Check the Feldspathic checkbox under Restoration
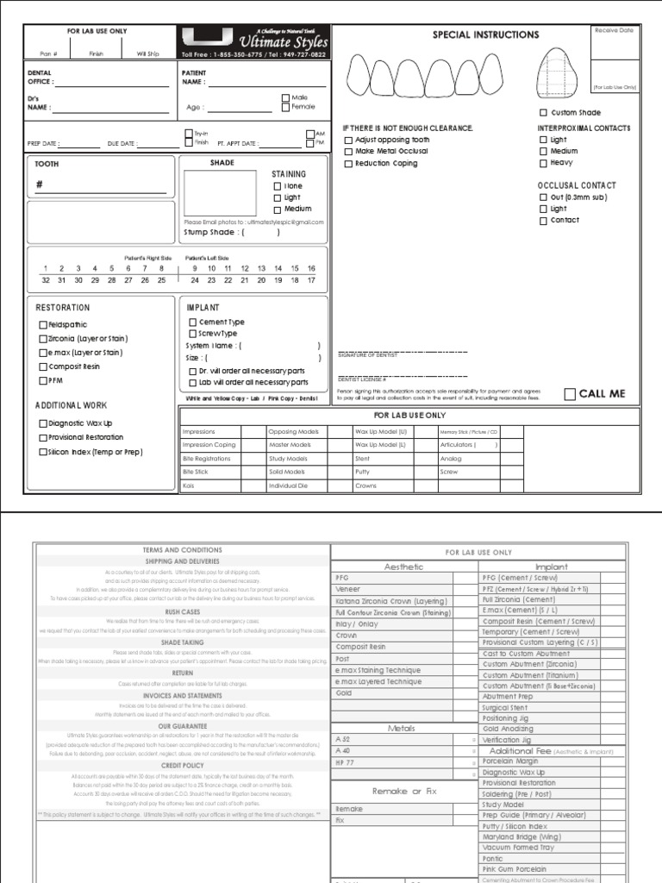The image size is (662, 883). pos(43,325)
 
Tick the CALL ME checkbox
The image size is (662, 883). pos(570,394)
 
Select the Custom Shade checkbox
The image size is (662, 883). pos(543,113)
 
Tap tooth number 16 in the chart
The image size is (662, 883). pos(311,268)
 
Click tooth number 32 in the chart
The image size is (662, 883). pos(46,280)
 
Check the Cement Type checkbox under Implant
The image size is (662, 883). pos(193,323)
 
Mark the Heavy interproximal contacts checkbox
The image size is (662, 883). pos(543,162)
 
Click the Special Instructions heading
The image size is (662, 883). pos(485,35)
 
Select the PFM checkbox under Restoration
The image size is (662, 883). pos(43,380)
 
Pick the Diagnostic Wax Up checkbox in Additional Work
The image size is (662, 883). pos(43,423)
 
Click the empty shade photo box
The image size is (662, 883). pos(220,192)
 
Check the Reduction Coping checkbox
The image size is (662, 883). pos(348,163)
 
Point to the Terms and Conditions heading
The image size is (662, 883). pos(182,550)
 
